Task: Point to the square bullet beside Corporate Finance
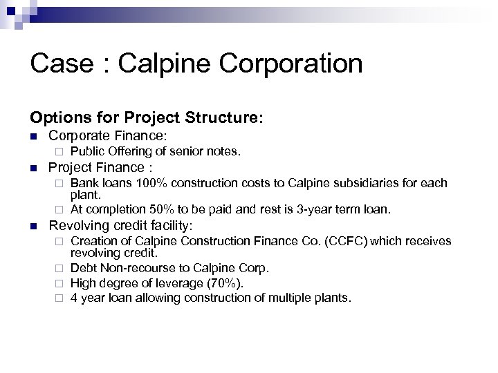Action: point(33,137)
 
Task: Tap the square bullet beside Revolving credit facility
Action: point(33,226)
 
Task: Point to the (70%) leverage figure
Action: point(224,283)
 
